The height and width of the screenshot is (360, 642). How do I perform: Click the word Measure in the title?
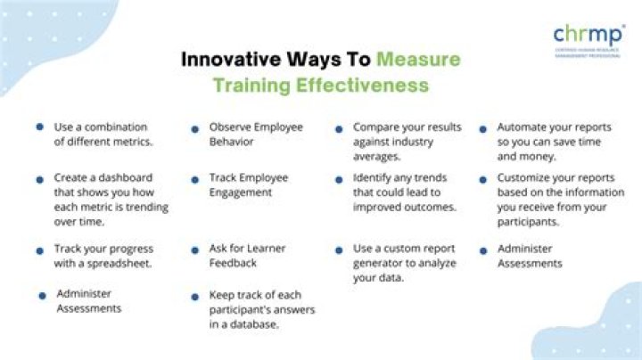(418, 60)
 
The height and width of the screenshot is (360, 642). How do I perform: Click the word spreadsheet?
(120, 263)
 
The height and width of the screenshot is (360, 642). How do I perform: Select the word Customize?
(525, 177)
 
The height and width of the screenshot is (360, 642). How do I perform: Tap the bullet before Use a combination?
(40, 127)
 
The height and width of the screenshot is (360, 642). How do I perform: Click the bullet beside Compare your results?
(338, 128)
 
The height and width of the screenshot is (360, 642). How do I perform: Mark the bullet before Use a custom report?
(338, 250)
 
